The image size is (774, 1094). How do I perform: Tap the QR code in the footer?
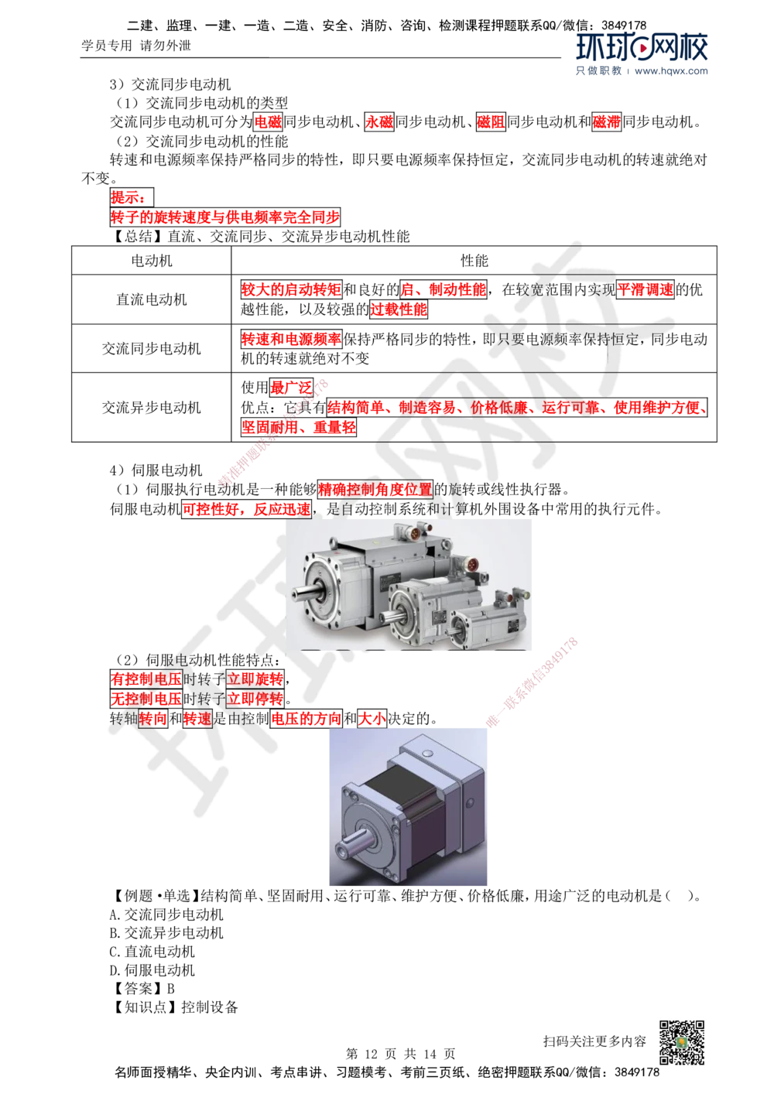[x=682, y=1042]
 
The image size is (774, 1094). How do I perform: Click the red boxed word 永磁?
[x=378, y=121]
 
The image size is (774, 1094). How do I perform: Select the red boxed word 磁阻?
[x=491, y=121]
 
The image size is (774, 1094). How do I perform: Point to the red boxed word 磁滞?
[x=606, y=121]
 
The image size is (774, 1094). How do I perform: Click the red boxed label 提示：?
[x=132, y=197]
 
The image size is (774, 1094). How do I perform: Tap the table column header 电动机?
[x=152, y=261]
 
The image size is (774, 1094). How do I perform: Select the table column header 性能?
[x=474, y=261]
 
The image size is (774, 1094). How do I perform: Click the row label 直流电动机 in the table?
[x=152, y=299]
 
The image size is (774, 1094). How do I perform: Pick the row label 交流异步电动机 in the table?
[x=152, y=407]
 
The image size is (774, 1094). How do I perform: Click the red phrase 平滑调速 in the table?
[x=645, y=289]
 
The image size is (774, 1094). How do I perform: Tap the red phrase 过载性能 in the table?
[x=399, y=309]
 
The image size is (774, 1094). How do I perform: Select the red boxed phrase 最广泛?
[x=291, y=388]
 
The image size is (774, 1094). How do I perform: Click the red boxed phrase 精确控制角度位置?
[x=375, y=490]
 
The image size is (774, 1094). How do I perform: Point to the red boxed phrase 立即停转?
[x=255, y=699]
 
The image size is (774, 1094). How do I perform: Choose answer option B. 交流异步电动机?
[x=166, y=933]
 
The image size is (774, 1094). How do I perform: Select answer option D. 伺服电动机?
[x=152, y=970]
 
